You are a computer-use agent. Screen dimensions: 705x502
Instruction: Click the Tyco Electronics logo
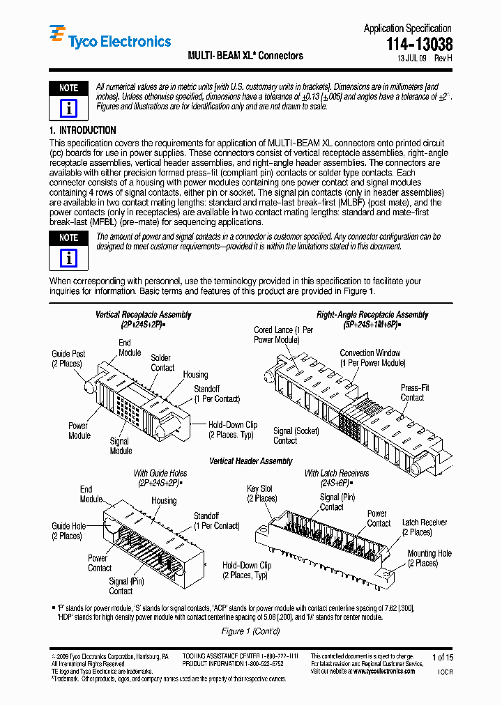(109, 40)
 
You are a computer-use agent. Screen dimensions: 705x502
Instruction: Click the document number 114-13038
(419, 45)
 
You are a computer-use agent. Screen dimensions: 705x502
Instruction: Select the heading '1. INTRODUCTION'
(82, 130)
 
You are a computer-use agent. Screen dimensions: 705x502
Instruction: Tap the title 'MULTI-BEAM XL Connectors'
(245, 56)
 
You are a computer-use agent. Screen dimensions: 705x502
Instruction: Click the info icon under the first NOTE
(68, 108)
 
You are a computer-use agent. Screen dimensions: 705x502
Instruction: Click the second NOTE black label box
(68, 238)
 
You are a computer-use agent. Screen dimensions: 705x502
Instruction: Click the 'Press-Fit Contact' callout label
(413, 392)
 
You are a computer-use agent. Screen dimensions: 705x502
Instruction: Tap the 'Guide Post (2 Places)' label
(68, 359)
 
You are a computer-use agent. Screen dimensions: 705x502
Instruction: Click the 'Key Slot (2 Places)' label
(261, 494)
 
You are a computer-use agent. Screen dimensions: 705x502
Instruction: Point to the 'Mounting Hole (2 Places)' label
(429, 558)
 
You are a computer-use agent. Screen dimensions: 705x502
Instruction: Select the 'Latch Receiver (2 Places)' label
(424, 527)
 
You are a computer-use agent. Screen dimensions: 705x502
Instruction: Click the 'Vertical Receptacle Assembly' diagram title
(144, 315)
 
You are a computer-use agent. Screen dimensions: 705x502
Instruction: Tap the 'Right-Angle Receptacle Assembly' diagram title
(372, 315)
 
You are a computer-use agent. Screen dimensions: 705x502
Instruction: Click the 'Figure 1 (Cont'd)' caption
(250, 631)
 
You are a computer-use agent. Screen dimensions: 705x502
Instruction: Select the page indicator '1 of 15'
(442, 657)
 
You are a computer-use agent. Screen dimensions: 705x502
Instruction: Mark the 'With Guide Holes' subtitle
(160, 474)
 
